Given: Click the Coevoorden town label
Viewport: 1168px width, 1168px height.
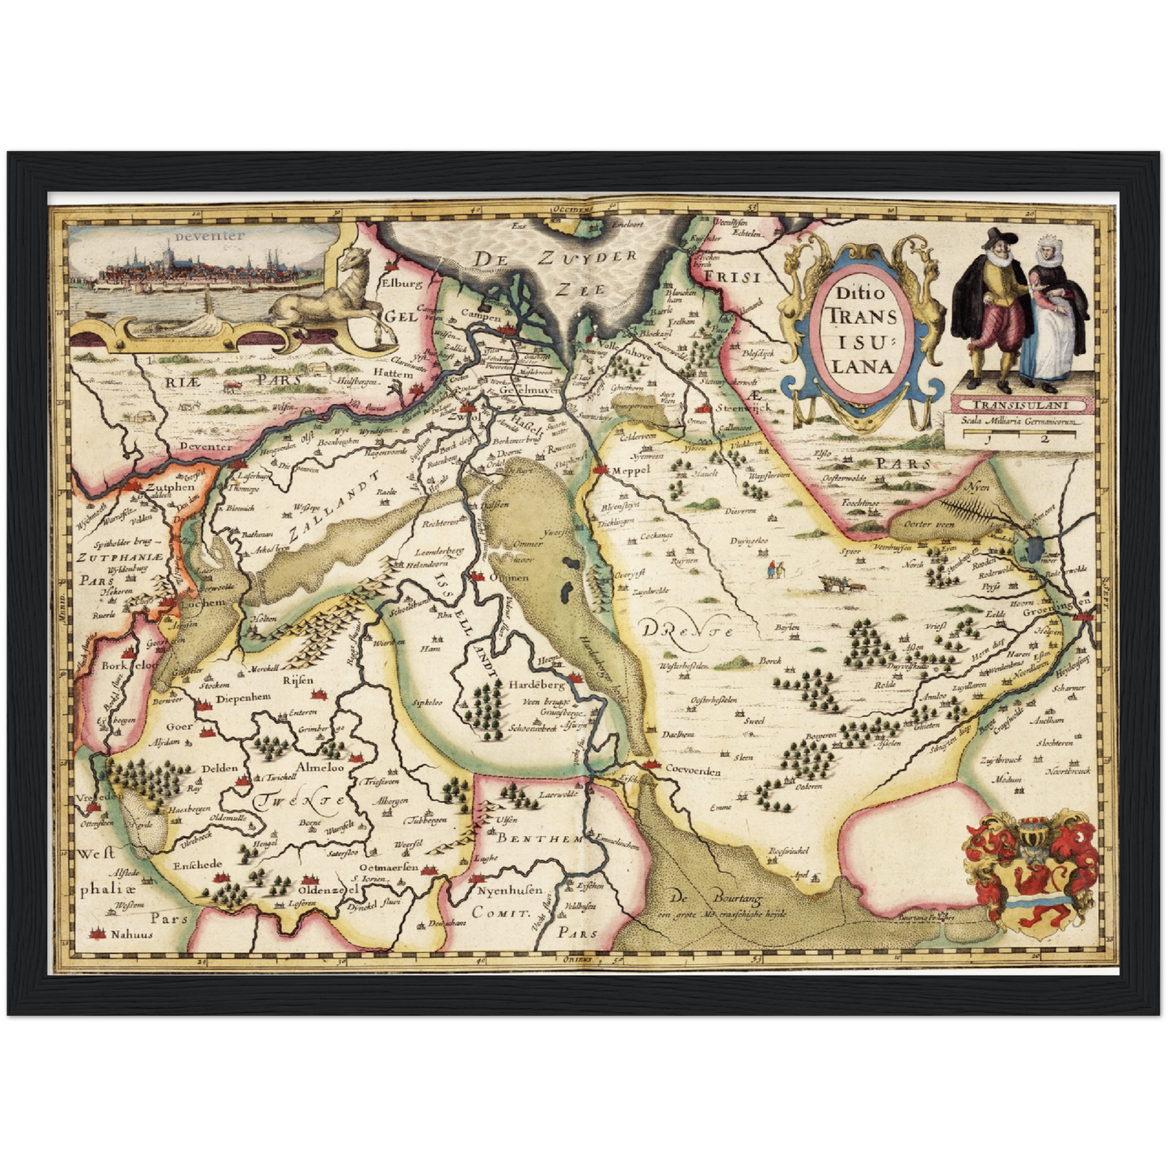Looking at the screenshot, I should click(x=693, y=770).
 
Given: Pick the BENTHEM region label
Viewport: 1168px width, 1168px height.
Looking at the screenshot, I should click(x=539, y=840).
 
